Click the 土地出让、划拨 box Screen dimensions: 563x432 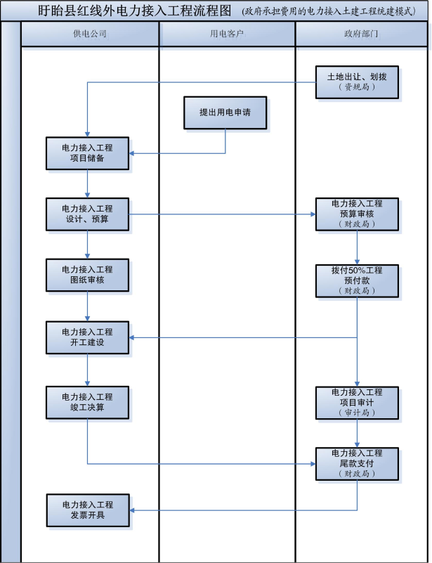(x=357, y=82)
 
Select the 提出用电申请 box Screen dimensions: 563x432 (x=225, y=112)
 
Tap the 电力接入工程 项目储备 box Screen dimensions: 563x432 (x=87, y=153)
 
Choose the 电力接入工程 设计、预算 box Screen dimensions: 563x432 (x=87, y=214)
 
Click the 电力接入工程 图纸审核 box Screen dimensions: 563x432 (x=87, y=275)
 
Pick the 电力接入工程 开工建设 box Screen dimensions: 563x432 (x=87, y=337)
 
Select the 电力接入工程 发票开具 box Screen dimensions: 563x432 (x=87, y=510)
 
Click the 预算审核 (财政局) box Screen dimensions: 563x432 (x=357, y=214)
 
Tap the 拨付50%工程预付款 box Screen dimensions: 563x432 (x=357, y=280)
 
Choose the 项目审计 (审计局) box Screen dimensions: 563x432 (x=357, y=402)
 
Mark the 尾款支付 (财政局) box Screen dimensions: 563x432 (x=357, y=463)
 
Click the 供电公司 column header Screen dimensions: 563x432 (x=90, y=34)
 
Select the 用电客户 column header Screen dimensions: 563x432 (x=227, y=34)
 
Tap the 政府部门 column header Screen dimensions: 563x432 (x=362, y=34)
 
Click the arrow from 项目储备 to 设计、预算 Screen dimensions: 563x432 (x=88, y=183)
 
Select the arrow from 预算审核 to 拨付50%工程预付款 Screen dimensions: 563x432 (x=358, y=247)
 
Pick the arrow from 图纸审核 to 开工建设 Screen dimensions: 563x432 (x=88, y=306)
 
